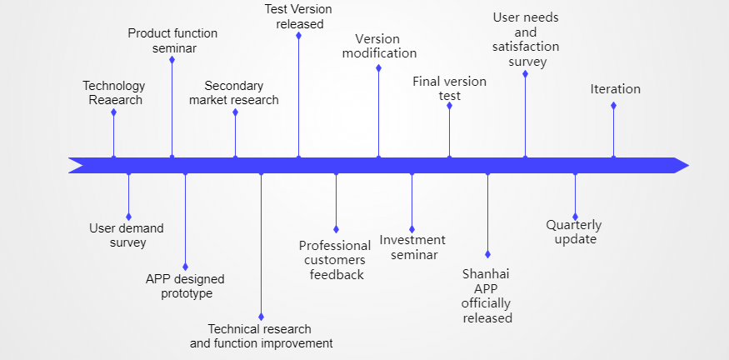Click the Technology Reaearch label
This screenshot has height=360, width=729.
[x=114, y=93]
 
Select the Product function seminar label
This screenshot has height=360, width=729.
[x=172, y=41]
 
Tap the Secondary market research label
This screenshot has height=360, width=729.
[x=234, y=93]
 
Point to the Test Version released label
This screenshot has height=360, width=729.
[x=298, y=17]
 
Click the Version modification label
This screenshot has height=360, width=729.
[x=379, y=46]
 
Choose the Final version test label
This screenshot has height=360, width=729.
[x=450, y=88]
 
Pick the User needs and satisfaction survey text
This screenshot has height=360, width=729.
[x=526, y=39]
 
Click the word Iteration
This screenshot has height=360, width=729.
[x=615, y=89]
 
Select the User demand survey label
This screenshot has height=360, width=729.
[x=127, y=235]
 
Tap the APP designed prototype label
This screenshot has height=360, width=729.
[x=185, y=287]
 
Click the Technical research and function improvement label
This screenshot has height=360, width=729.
[x=262, y=337]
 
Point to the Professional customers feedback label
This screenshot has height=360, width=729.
[x=335, y=260]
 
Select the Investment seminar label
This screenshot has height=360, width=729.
[x=412, y=247]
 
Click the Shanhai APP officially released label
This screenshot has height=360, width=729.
[x=487, y=296]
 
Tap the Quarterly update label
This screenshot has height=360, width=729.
[x=574, y=232]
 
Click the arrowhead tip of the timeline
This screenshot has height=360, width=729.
[x=688, y=165]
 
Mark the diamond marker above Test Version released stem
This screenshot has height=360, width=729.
[x=298, y=36]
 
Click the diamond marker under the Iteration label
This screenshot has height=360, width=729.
[x=613, y=106]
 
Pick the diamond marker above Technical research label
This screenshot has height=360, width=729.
[x=261, y=317]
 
